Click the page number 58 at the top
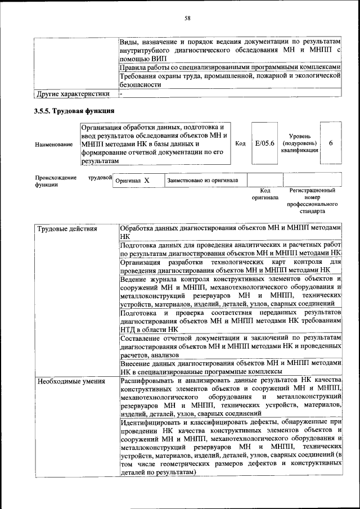188,18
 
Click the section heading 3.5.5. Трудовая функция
74,110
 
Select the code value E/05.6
264,143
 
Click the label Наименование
53,145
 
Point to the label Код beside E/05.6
240,143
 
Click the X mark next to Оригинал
146,181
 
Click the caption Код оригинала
261,195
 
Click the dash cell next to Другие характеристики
121,93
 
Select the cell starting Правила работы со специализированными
231,67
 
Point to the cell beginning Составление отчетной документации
231,345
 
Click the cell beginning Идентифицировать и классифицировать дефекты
231,448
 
